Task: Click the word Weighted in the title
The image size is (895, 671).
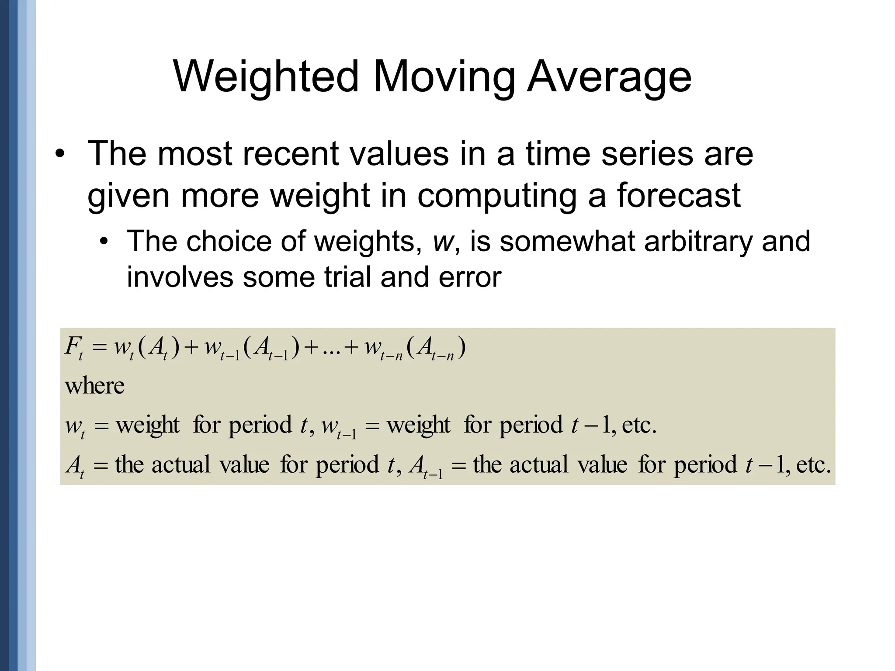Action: click(266, 77)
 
